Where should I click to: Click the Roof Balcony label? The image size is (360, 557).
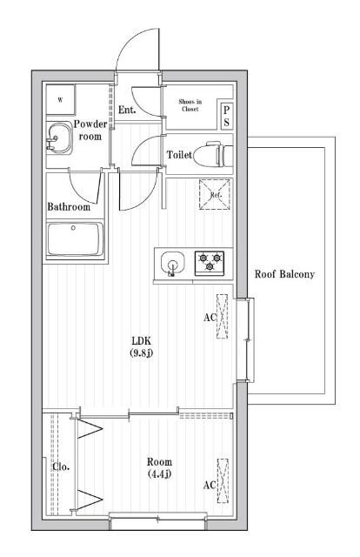(284, 274)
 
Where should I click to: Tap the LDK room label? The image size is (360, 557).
(142, 339)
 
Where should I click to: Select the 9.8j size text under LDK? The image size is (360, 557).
(142, 352)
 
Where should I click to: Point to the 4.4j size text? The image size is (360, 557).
(159, 474)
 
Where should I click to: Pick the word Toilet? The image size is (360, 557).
(179, 155)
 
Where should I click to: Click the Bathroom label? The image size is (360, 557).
(69, 207)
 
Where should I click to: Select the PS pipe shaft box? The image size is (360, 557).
(226, 116)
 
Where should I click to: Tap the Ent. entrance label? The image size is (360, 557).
(127, 110)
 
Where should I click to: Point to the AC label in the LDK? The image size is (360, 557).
(210, 318)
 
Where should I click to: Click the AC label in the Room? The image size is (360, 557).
(210, 486)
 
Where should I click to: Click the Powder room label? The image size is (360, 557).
(90, 130)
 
